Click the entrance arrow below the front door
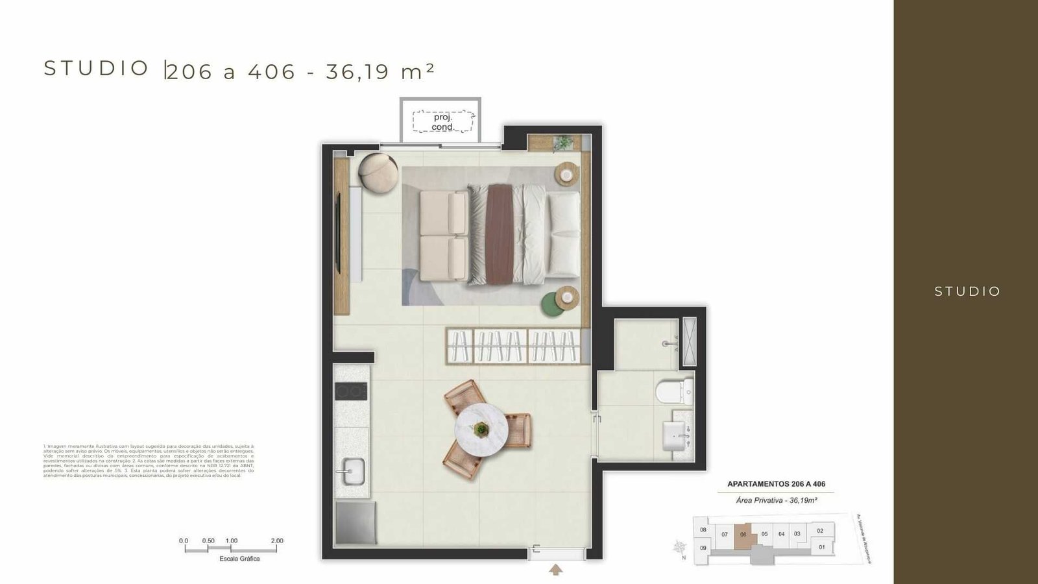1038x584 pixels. [556, 570]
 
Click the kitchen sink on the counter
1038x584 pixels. [353, 469]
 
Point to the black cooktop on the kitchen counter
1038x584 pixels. [351, 391]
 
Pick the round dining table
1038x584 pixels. [481, 428]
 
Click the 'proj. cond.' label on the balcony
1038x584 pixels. [443, 122]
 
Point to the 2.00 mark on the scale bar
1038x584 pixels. [277, 541]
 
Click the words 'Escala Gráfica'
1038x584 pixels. [230, 559]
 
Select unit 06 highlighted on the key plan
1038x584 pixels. [743, 535]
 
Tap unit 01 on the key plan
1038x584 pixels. [822, 547]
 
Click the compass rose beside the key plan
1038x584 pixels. [680, 547]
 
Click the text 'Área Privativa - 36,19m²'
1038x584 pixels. [776, 500]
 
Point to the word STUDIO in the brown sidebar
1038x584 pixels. [967, 291]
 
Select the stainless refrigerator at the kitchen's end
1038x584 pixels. [356, 522]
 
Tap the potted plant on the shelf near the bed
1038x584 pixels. [563, 141]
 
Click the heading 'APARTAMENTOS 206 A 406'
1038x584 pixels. [776, 484]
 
